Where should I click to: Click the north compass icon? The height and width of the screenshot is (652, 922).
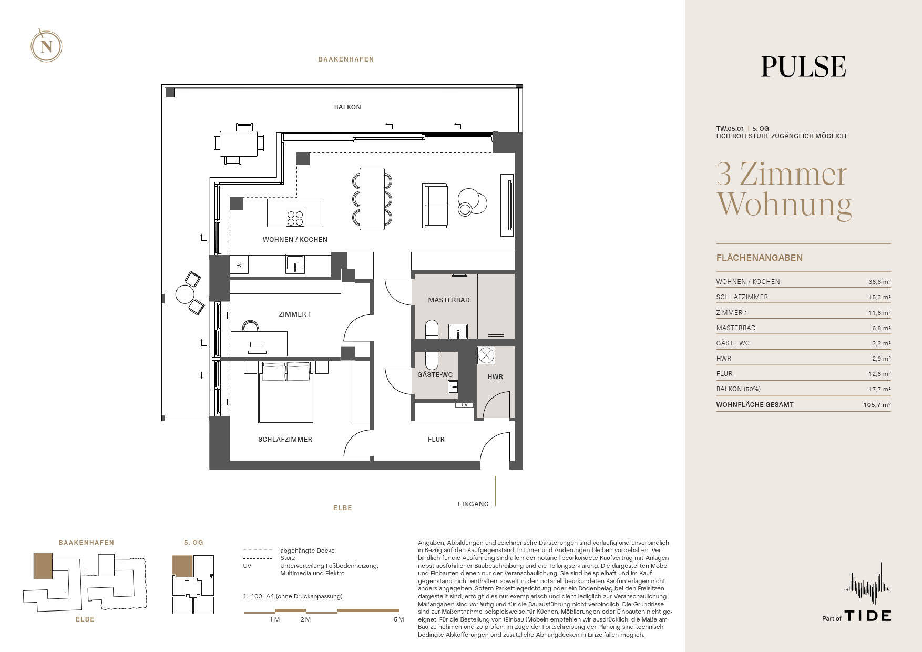click(46, 46)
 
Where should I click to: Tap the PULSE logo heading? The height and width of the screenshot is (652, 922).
click(804, 67)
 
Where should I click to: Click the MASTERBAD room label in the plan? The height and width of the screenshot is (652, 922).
click(449, 300)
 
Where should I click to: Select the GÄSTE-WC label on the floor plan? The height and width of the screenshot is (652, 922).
click(435, 375)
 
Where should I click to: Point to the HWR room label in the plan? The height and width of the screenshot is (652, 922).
click(495, 377)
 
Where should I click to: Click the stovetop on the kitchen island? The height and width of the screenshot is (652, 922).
click(295, 218)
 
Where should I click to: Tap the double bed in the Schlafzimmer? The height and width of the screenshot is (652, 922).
click(286, 392)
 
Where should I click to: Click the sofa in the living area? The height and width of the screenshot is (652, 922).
click(435, 206)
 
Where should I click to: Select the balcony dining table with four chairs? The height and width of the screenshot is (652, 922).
click(238, 143)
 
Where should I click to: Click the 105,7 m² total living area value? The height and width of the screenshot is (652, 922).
click(877, 405)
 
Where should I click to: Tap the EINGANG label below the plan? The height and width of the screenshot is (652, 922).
click(473, 504)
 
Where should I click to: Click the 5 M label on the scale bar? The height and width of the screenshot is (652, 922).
click(398, 619)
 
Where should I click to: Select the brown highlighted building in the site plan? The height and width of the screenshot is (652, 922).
click(43, 566)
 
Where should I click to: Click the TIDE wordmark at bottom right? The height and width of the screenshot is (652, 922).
click(868, 616)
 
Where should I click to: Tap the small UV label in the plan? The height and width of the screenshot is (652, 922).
click(464, 405)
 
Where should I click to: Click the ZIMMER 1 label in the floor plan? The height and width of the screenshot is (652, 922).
click(295, 314)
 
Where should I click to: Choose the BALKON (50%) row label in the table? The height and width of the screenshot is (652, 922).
click(738, 389)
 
